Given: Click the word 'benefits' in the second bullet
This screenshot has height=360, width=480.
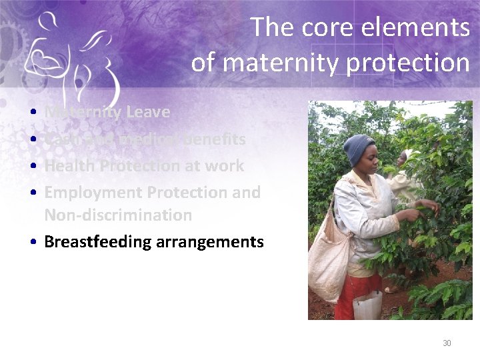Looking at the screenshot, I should [x=214, y=139].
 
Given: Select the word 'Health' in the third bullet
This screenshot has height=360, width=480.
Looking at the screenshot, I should [x=68, y=166].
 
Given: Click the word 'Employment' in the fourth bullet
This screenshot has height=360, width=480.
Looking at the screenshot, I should [x=93, y=193].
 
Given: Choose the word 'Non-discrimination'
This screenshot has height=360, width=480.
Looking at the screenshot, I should [x=118, y=215].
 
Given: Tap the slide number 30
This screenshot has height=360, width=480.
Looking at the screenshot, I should [x=447, y=343].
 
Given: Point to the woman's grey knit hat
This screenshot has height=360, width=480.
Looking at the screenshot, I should [x=359, y=147].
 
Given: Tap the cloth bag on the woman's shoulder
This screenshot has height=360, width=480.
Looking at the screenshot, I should [x=329, y=254].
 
